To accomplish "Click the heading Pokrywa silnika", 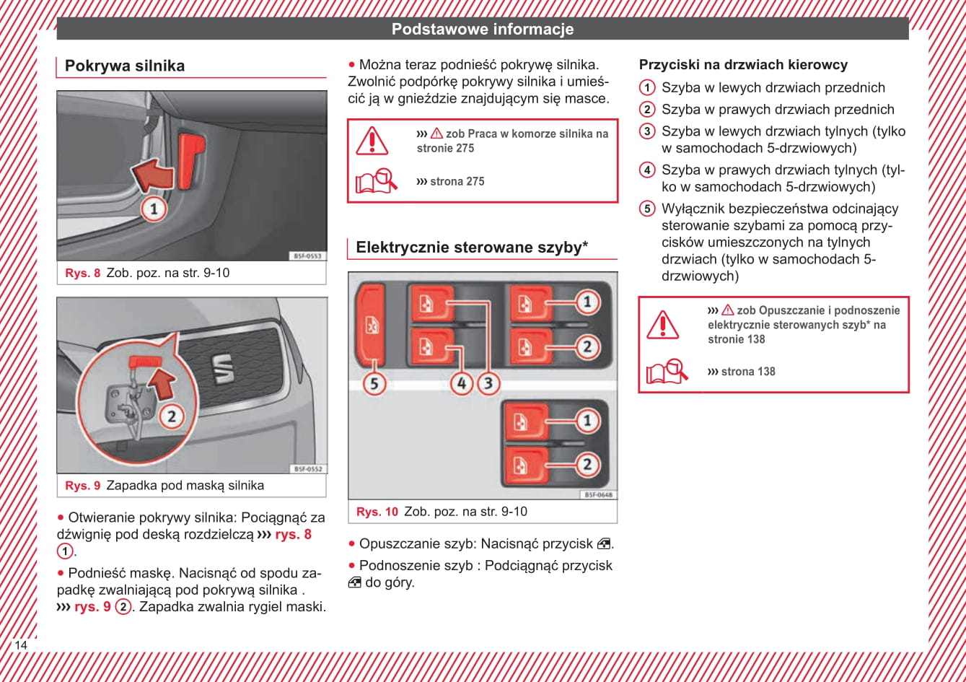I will (125, 66).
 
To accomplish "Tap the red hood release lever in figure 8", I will (192, 159).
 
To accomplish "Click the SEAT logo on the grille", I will (221, 368).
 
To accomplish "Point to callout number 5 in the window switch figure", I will (374, 383).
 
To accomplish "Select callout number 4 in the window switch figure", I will (462, 383).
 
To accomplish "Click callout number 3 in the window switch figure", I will (488, 383).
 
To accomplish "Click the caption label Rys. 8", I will (82, 273).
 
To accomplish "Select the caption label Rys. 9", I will (82, 486).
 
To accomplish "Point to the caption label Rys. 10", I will (377, 512).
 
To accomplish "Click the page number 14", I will (21, 645).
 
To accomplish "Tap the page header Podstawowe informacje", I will (483, 29).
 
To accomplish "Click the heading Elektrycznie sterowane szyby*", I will (472, 248).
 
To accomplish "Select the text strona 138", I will (748, 372).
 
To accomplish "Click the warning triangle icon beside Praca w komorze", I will (372, 140).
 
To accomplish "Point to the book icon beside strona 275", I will (376, 180).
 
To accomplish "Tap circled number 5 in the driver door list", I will (648, 209).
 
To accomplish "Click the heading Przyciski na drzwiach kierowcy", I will (743, 65).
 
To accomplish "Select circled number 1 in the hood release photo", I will (153, 209).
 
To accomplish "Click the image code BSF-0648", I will (598, 495).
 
